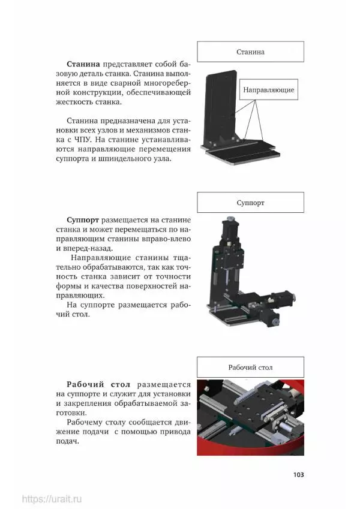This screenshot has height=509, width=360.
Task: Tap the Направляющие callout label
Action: coord(268,89)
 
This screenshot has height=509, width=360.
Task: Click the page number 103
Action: coord(298,475)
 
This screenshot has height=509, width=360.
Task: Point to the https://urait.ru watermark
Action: coord(52,499)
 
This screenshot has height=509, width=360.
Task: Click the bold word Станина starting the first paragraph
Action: coord(83,64)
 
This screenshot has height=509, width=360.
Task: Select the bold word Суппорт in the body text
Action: coord(83,220)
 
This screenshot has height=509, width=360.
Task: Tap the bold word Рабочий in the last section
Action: coord(85,385)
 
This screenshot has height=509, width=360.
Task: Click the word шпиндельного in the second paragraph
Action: coord(125,159)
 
